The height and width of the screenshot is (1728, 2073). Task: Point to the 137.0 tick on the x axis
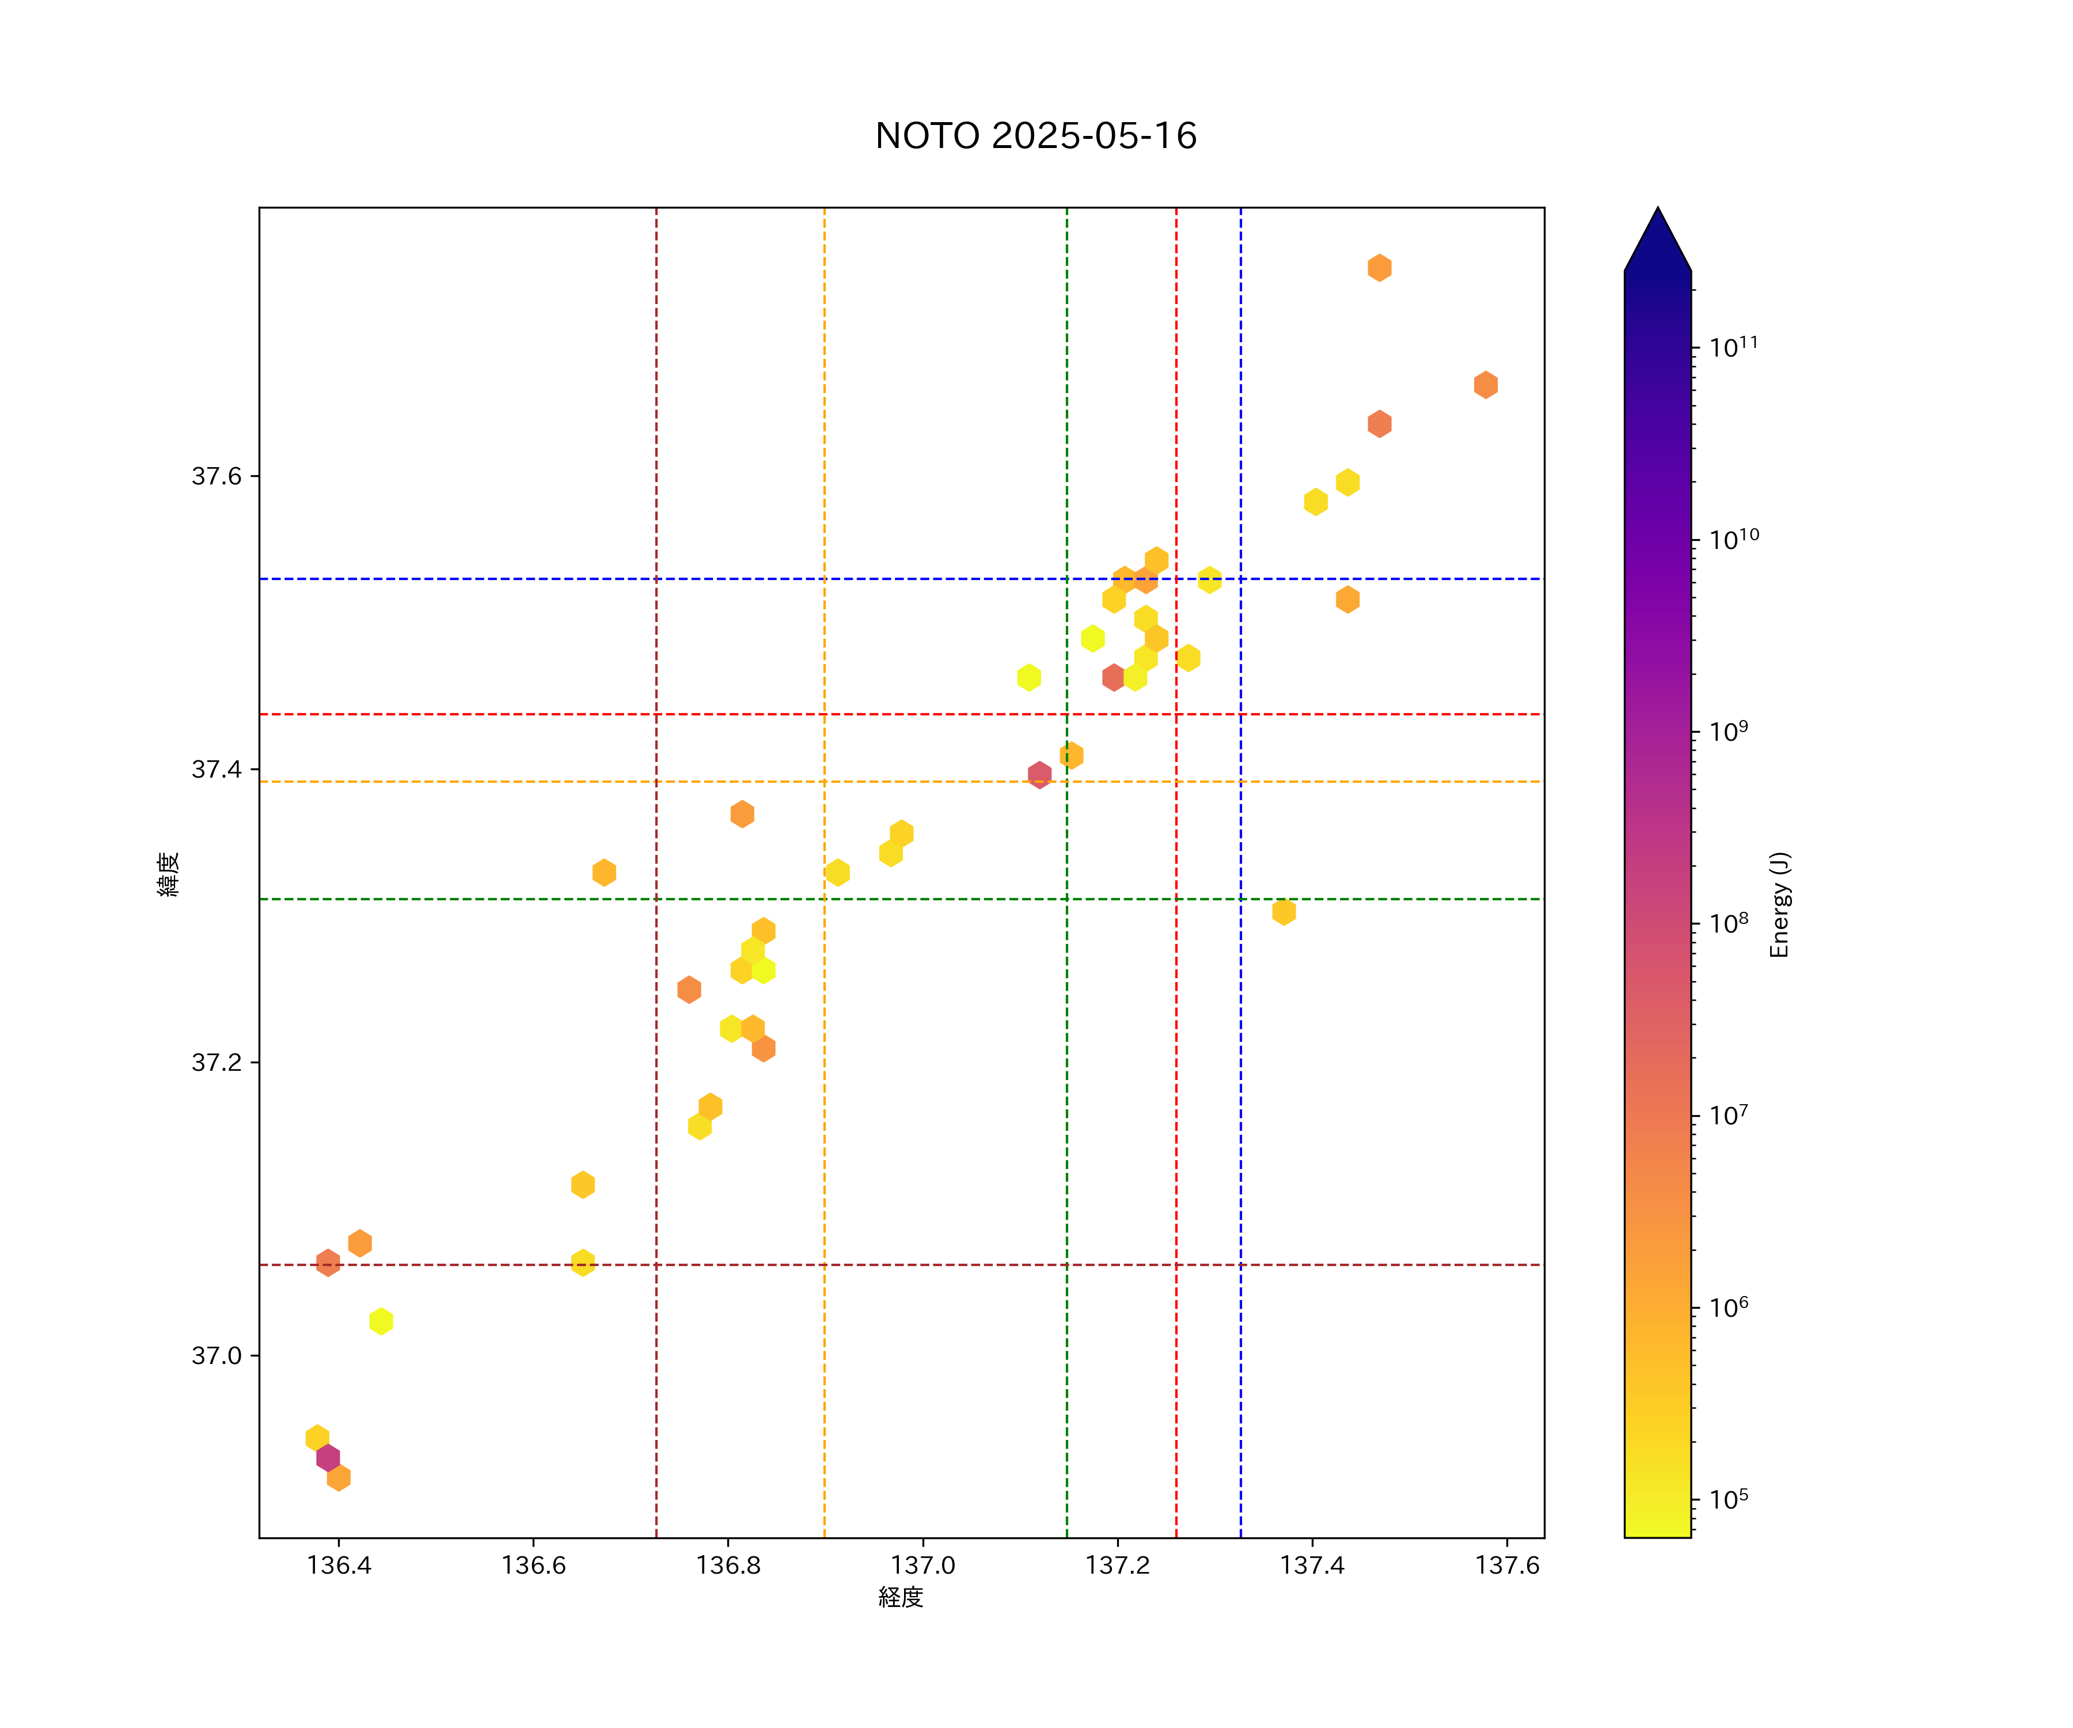click(923, 1565)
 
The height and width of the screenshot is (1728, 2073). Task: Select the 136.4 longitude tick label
click(339, 1565)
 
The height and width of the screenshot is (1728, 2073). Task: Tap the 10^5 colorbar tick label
click(1729, 1499)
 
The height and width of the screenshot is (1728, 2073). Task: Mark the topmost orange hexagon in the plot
click(1379, 268)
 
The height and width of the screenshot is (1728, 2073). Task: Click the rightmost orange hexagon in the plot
click(1486, 385)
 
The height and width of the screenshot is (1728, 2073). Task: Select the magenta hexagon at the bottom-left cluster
click(328, 1457)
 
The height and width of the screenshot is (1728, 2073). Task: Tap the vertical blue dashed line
click(1241, 987)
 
